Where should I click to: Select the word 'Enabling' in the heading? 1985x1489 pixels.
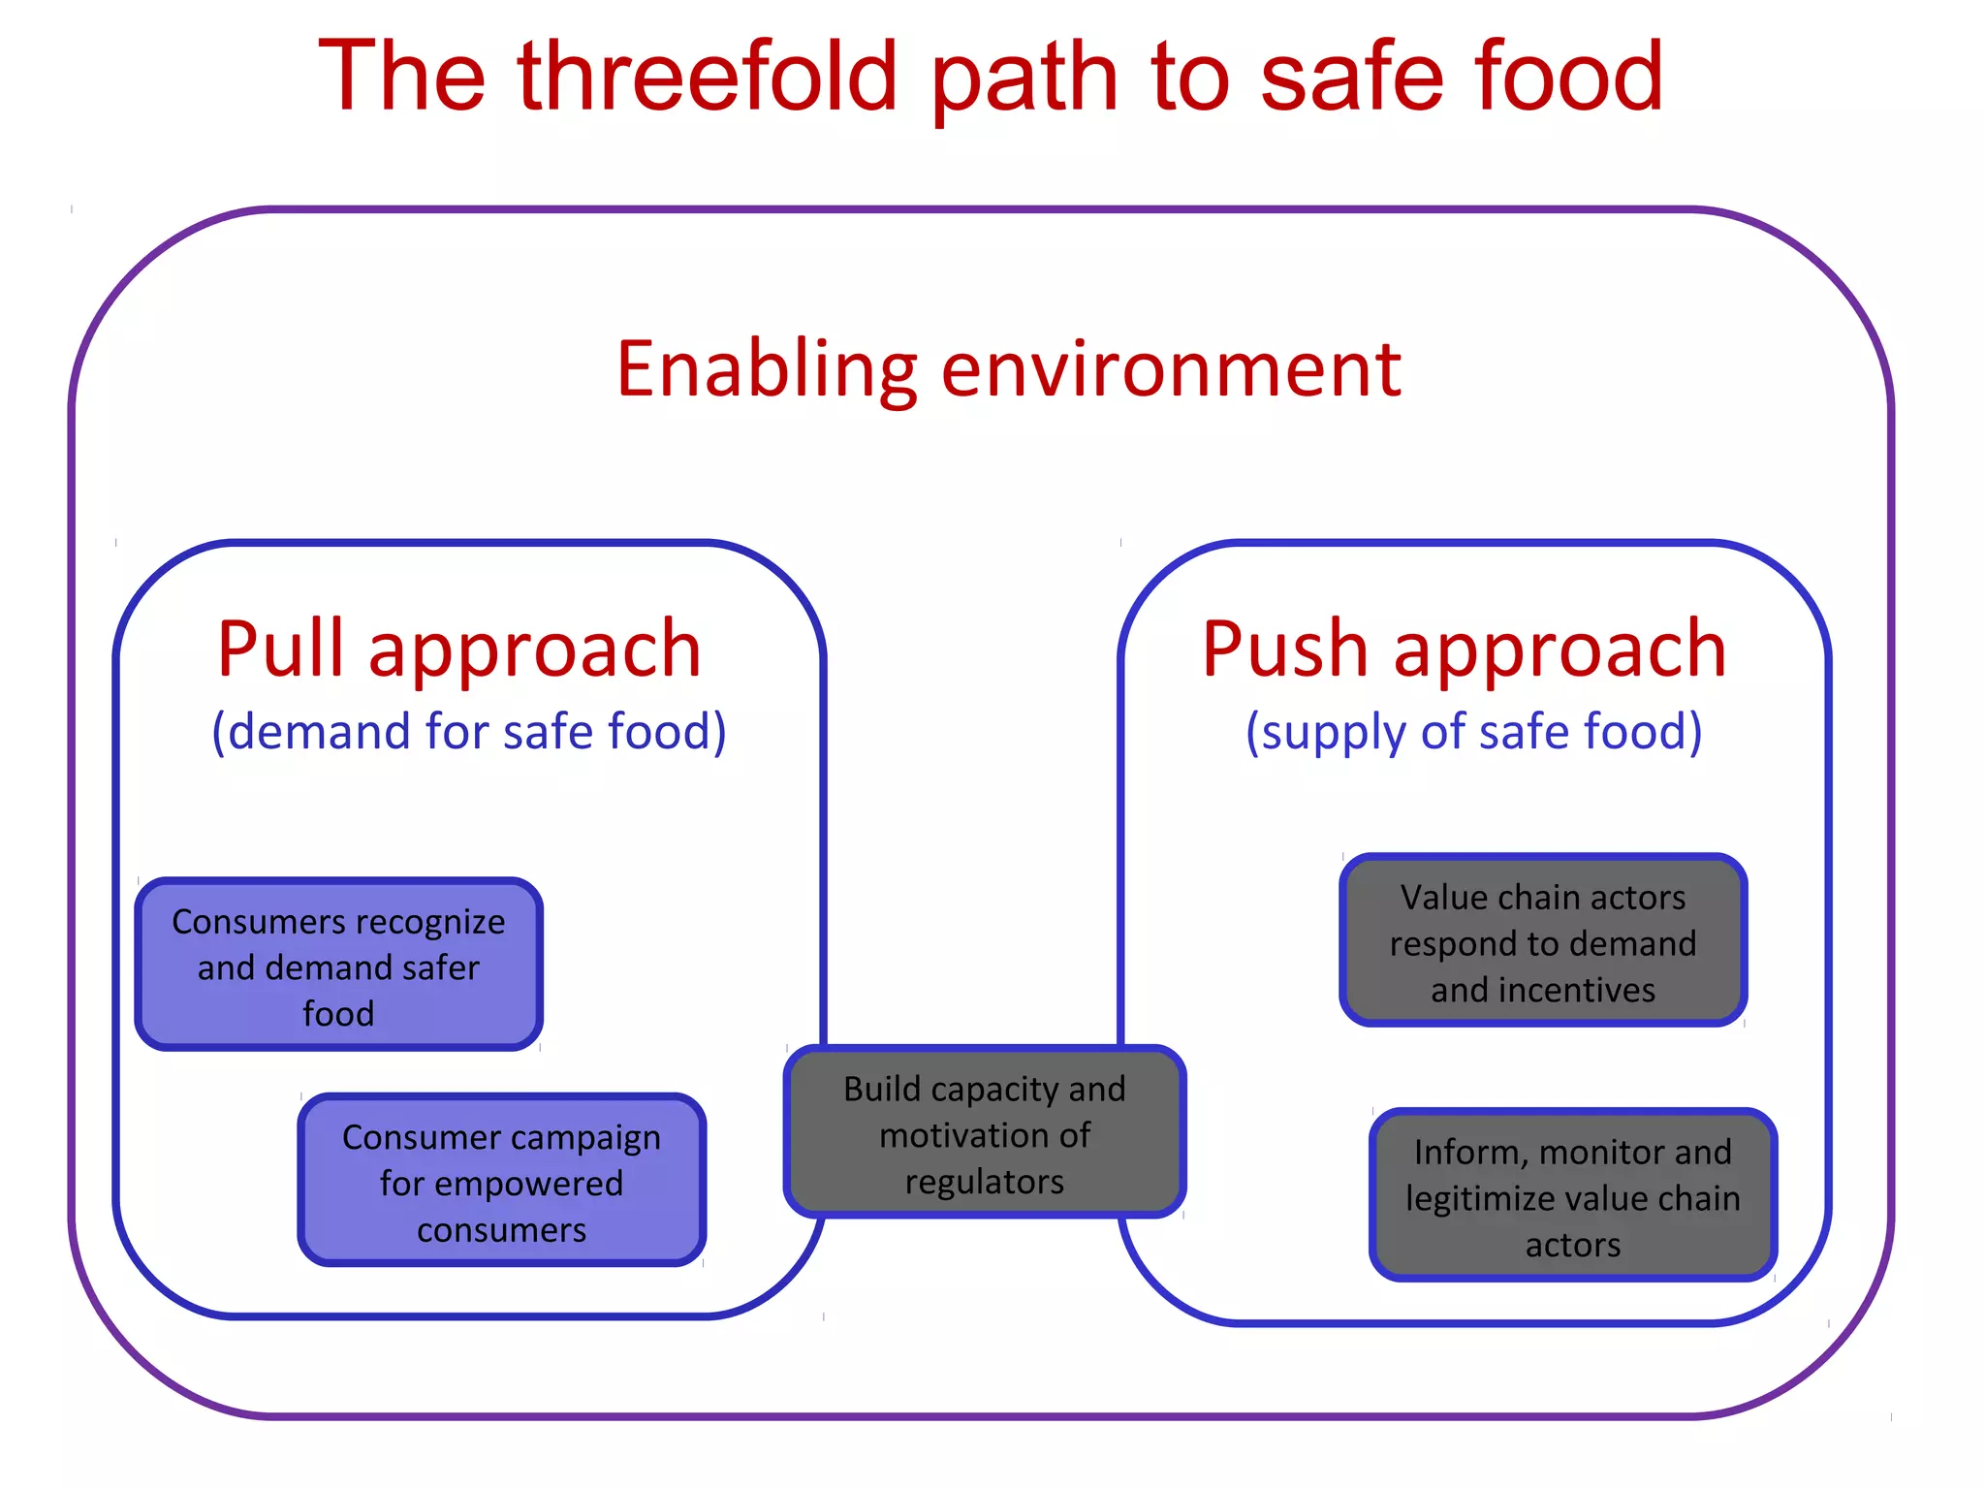coord(767,370)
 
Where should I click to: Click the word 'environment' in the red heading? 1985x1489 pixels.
coord(1171,370)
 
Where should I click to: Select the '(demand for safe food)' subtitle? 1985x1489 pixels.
coord(469,731)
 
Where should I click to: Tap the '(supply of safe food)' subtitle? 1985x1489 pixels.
coord(1473,731)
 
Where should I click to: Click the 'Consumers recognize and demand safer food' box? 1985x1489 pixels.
coord(338,965)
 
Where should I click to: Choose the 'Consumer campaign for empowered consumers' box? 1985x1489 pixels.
coord(502,1181)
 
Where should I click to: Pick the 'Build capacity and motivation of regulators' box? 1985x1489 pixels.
coord(985,1132)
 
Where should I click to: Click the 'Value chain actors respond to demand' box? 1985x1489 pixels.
coord(1543,940)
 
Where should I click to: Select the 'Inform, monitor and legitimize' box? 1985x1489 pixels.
coord(1572,1196)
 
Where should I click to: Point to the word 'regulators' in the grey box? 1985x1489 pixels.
coord(985,1182)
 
